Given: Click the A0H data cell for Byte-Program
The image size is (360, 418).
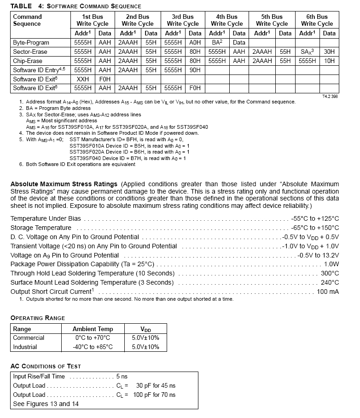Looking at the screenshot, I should tap(195, 42).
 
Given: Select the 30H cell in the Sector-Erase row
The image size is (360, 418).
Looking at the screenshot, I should tap(329, 52).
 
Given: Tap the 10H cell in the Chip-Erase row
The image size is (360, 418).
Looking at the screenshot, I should tap(329, 61).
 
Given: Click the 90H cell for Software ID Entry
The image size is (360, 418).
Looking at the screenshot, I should tap(195, 70).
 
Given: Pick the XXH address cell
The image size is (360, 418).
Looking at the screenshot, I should tap(83, 79).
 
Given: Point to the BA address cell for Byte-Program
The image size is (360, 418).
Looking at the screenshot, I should tap(217, 42).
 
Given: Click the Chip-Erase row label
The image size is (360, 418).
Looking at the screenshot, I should tap(28, 61).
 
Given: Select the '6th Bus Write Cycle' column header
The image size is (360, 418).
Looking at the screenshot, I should tap(317, 20).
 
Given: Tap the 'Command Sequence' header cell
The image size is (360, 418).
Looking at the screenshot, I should tap(27, 20).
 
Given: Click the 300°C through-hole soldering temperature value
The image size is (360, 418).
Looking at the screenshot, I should tap(330, 273).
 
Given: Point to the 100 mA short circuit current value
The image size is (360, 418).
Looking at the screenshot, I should tap(328, 292).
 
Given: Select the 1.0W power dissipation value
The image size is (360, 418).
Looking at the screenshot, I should tap(331, 264).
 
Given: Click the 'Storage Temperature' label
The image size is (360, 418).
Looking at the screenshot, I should tap(41, 228).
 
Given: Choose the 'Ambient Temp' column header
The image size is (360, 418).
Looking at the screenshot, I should tap(93, 329).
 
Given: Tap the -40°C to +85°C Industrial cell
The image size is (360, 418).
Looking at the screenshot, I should tap(93, 347).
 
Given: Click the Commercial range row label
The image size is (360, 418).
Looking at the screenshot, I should tap(29, 338).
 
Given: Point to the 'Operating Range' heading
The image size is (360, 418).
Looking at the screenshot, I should tap(38, 318).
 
